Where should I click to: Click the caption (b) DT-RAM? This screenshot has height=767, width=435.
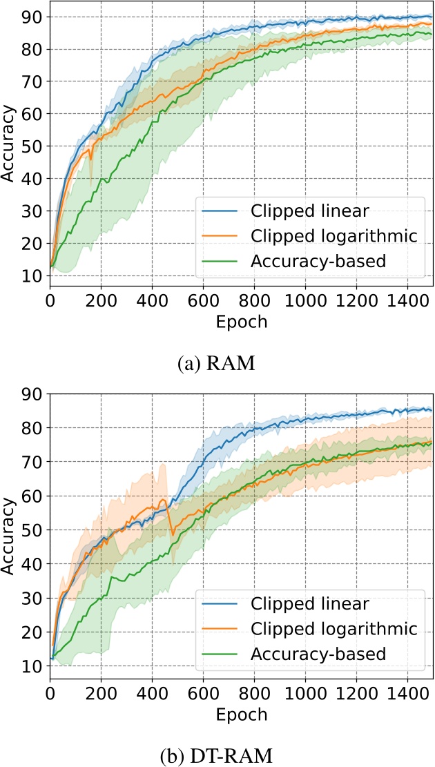point(217,750)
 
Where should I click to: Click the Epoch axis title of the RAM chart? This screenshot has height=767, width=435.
point(241,322)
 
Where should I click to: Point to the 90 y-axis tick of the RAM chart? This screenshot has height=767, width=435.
point(32,17)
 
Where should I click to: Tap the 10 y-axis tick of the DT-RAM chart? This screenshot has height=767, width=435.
point(32,666)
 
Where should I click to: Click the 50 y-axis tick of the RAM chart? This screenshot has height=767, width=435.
point(32,146)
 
